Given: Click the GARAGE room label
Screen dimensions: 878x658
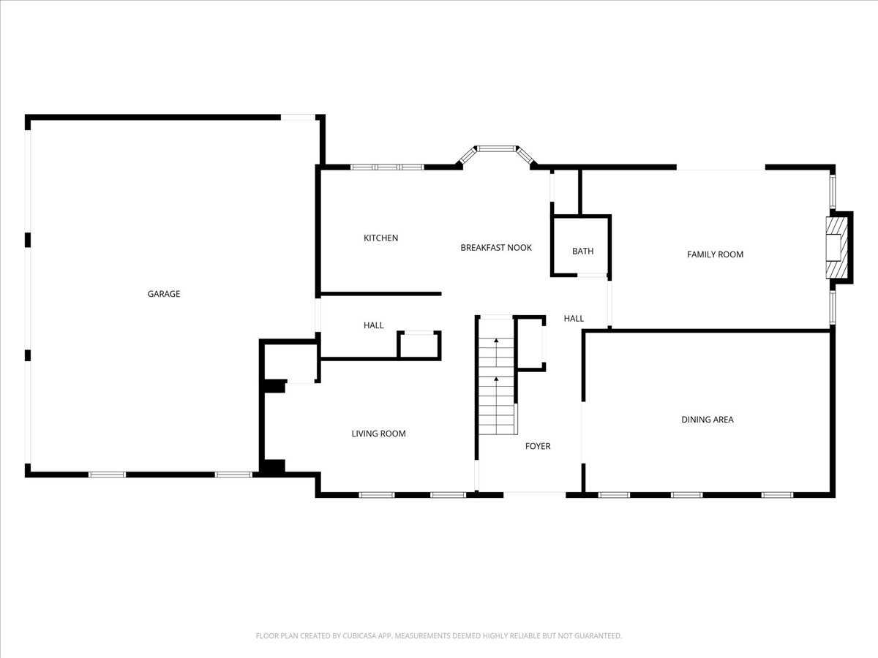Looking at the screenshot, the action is [x=164, y=294].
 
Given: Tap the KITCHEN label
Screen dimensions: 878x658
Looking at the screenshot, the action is [x=380, y=238].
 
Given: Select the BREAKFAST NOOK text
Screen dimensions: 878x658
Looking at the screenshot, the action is [x=496, y=247].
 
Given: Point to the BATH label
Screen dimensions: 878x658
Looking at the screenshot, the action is [x=583, y=251].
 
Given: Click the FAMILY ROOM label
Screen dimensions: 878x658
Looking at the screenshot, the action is [x=715, y=254].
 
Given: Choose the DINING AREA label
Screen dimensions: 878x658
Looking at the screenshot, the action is [x=708, y=419].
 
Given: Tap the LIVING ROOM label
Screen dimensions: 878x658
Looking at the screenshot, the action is [x=378, y=434].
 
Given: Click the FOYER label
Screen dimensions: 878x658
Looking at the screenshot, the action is [x=538, y=446].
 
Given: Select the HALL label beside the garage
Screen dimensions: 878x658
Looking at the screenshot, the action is [x=374, y=325].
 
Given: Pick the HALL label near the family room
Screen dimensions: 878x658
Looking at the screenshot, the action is [x=574, y=319].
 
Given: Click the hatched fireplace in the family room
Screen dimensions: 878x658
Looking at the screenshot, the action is [x=837, y=248].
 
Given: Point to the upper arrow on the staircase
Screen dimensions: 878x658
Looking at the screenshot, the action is [x=496, y=352].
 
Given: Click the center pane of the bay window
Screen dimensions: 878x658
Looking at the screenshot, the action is [x=496, y=148].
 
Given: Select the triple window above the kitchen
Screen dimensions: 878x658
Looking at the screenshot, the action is [x=387, y=167].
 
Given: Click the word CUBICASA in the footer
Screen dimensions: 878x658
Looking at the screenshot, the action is [x=359, y=635].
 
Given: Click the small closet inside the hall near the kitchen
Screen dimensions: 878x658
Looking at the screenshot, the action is [x=419, y=345].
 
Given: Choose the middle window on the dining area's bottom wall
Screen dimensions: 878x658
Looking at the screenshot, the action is [x=686, y=495].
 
